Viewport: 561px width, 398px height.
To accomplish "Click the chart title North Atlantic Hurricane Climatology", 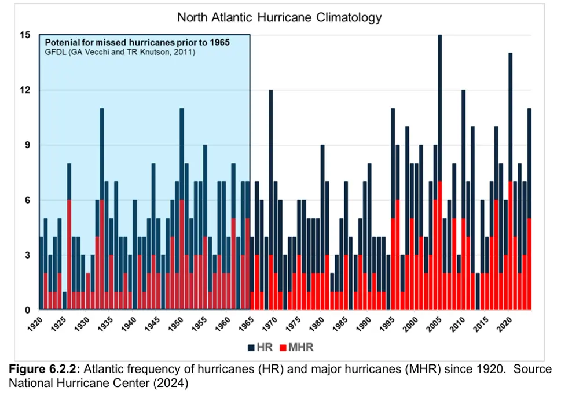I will (x=280, y=17).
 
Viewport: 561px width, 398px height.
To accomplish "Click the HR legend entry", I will (x=258, y=347).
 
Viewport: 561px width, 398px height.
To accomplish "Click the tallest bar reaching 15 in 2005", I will (x=440, y=116).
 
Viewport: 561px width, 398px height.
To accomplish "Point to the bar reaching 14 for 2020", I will (x=510, y=116).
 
